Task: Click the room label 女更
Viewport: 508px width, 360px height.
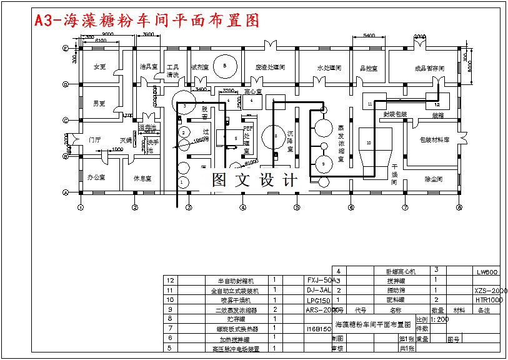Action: pyautogui.click(x=99, y=67)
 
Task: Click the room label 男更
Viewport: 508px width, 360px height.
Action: pyautogui.click(x=99, y=103)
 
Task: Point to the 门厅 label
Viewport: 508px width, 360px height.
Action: pyautogui.click(x=95, y=140)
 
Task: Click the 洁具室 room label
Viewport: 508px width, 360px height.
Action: pyautogui.click(x=148, y=66)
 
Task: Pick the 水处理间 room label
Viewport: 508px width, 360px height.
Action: pyautogui.click(x=329, y=67)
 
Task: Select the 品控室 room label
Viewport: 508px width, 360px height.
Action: pyautogui.click(x=369, y=68)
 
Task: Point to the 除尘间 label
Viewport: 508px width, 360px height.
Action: pyautogui.click(x=434, y=179)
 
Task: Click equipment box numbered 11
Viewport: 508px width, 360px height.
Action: pyautogui.click(x=370, y=103)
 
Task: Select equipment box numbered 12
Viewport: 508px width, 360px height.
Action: pyautogui.click(x=437, y=104)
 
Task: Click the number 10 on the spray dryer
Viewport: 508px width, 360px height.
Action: pyautogui.click(x=369, y=143)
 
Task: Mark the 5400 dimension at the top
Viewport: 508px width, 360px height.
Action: pyautogui.click(x=369, y=36)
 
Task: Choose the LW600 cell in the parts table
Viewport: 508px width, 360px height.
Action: pyautogui.click(x=487, y=272)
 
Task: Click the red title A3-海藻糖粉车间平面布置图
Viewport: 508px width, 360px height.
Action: pyautogui.click(x=147, y=21)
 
